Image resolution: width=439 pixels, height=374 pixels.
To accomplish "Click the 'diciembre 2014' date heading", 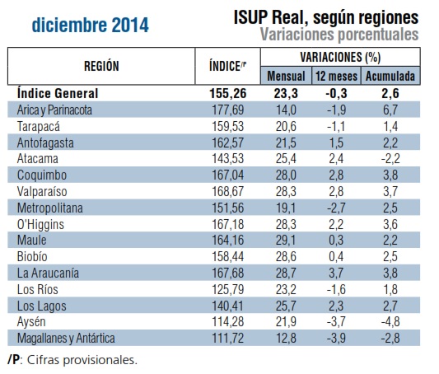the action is coord(90,25).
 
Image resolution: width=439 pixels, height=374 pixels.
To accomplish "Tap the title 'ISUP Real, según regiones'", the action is coord(326,18).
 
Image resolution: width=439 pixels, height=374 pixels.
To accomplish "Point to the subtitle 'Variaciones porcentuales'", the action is coord(339,35).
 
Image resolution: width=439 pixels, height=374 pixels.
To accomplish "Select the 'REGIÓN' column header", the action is coord(101,66).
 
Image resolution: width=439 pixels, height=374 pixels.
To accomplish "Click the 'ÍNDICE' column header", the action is coord(227,67).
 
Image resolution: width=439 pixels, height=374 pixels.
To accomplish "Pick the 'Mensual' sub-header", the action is coord(286,76).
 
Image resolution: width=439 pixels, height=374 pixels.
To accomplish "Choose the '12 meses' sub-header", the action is coord(336,76).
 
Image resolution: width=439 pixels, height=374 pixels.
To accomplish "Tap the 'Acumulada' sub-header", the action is coord(390,76).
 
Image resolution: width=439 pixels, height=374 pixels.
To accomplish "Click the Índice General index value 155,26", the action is coord(228,93).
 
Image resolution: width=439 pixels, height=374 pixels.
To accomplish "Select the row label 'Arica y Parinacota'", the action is coord(54,110).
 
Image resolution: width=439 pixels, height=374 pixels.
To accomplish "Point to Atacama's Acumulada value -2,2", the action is coord(390,159).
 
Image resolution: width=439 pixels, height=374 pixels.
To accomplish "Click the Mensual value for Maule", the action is coord(286,241).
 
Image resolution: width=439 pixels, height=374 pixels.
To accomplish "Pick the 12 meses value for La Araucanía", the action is coord(336,273).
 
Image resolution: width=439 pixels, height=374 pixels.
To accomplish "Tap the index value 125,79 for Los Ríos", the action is coord(228,289).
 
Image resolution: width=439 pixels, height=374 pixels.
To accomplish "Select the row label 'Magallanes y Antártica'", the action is coord(66,339).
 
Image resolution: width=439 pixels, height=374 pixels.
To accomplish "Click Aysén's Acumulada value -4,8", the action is coord(390,321).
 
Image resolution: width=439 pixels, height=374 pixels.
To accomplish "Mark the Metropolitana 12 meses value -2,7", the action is coord(336,208).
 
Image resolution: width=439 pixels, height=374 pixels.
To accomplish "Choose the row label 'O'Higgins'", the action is coord(40,225).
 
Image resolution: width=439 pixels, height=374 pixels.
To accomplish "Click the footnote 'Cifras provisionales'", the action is coord(82,360).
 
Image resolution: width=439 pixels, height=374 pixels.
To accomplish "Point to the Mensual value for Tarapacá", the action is coord(286,126).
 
